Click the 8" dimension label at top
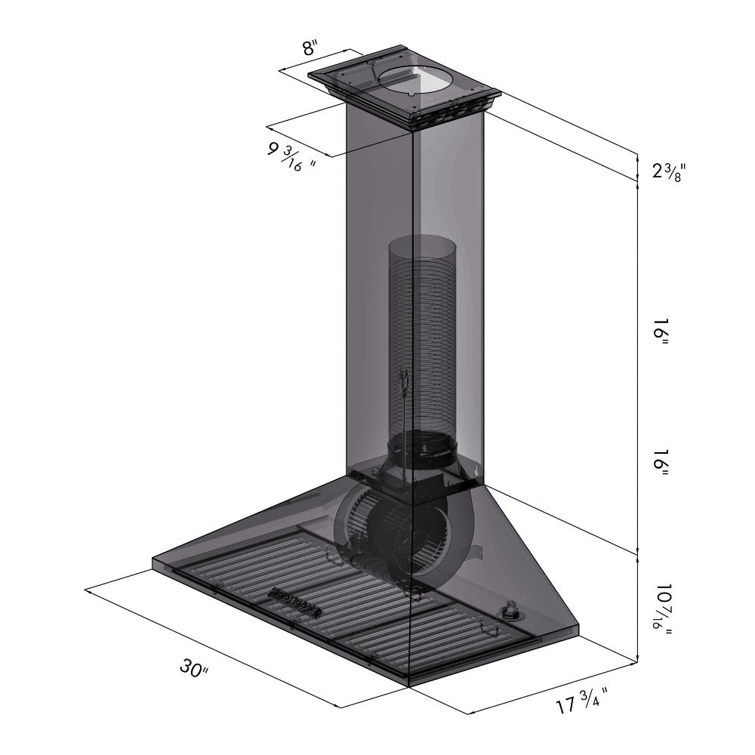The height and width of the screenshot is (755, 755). click(310, 49)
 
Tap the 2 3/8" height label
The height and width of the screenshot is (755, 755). click(667, 171)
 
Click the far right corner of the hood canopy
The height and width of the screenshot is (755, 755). click(580, 625)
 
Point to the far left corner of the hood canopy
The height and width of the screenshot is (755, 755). click(153, 560)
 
